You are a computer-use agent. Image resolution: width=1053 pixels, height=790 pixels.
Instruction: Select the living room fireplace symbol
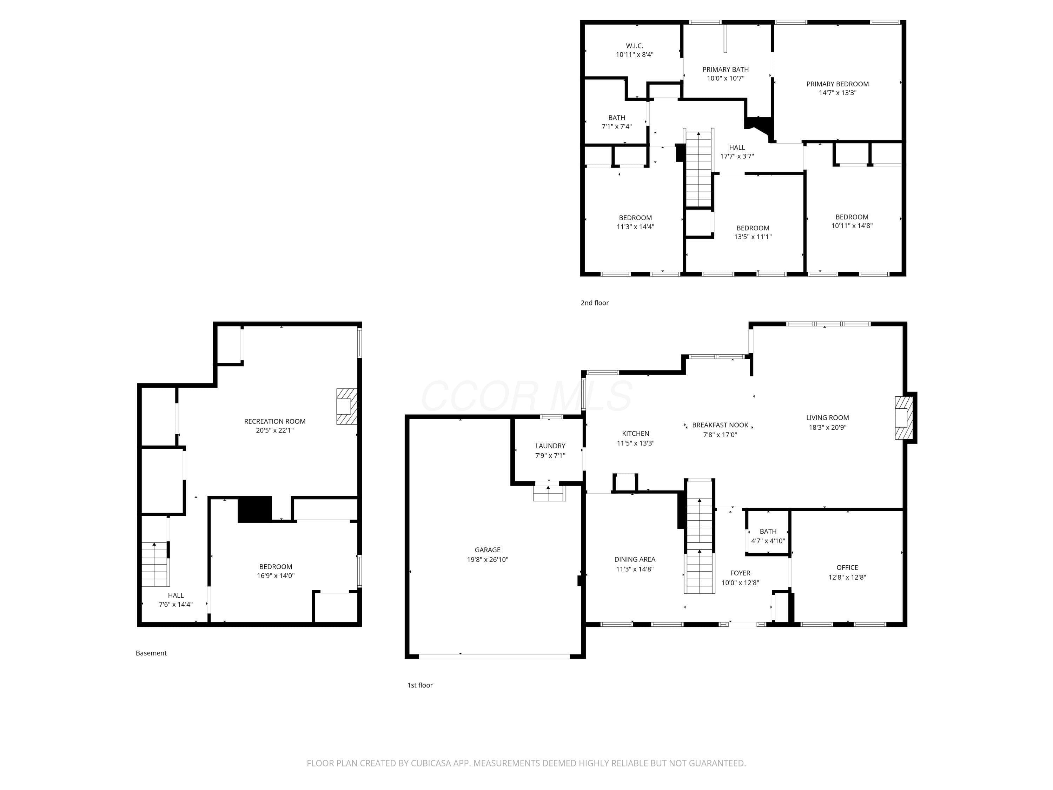[x=903, y=417]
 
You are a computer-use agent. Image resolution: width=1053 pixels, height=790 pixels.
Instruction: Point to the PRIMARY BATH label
[x=725, y=70]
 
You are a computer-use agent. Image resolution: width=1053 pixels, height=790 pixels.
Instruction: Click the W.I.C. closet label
[x=634, y=46]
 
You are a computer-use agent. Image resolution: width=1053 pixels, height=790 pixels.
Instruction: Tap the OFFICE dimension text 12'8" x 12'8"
[x=847, y=577]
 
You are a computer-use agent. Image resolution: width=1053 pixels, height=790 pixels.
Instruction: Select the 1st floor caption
[x=419, y=685]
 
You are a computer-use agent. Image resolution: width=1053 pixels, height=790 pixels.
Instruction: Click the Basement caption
[x=151, y=653]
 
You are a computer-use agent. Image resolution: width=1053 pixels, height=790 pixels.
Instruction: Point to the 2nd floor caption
[x=594, y=303]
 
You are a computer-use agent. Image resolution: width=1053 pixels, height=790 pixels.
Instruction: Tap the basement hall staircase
[x=155, y=564]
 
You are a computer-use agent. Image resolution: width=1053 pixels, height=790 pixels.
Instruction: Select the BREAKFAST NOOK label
[x=720, y=425]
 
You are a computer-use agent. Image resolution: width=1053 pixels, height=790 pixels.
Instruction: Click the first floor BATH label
[x=768, y=532]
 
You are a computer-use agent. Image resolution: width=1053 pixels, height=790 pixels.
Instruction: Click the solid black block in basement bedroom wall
[x=255, y=509]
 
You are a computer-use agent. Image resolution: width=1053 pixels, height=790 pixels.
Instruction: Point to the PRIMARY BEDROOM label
[x=837, y=84]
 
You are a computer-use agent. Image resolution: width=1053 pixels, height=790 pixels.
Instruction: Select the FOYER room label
[x=740, y=573]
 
